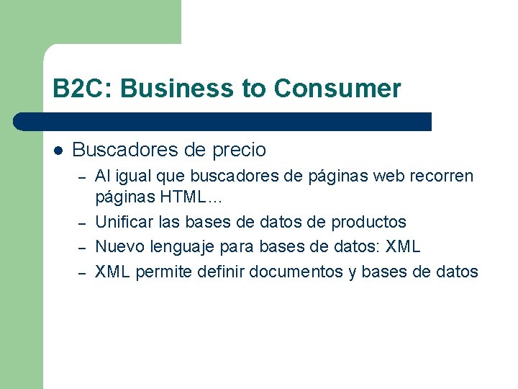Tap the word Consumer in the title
pyautogui.click(x=337, y=89)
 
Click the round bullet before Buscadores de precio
pyautogui.click(x=58, y=151)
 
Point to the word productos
pyautogui.click(x=368, y=222)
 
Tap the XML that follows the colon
pyautogui.click(x=403, y=246)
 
